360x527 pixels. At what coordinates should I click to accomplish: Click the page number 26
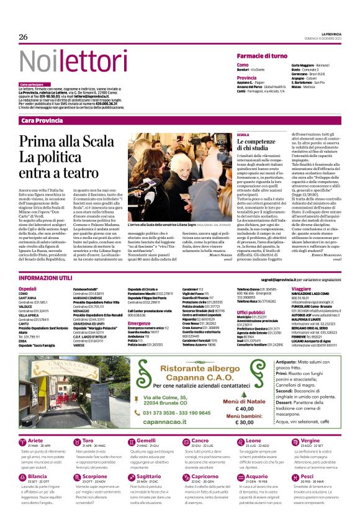point(24,37)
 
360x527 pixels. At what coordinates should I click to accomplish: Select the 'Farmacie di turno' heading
point(261,56)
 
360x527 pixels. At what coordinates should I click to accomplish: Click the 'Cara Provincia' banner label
point(42,120)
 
